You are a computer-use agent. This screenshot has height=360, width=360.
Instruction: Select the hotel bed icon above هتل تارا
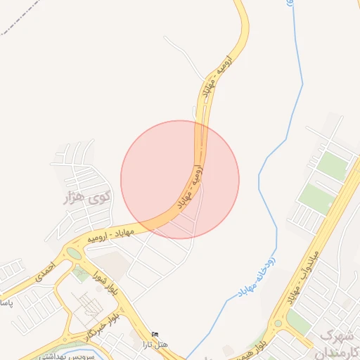coord(155,333)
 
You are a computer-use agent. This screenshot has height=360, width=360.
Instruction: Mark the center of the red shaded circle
coord(180,179)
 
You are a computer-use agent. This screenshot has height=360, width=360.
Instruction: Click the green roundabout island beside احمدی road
coord(74,253)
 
